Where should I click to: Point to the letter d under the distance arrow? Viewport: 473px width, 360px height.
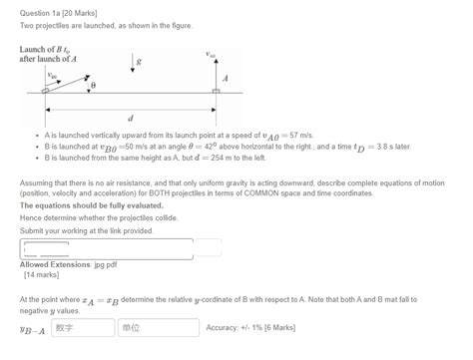pyautogui.click(x=131, y=116)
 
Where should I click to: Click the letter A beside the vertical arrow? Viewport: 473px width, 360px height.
pyautogui.click(x=227, y=78)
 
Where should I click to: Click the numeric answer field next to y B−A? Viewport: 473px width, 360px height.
pyautogui.click(x=80, y=326)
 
